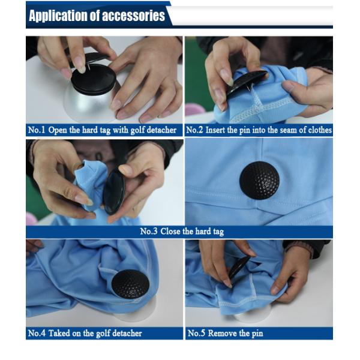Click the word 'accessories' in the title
tap(133, 16)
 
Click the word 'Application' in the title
tap(58, 16)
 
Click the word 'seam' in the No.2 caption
tap(287, 130)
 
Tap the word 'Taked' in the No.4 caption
tap(59, 333)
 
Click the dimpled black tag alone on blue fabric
tap(259, 180)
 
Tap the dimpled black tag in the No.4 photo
tap(130, 284)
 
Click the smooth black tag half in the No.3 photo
tap(113, 191)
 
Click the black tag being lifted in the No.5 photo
tap(239, 266)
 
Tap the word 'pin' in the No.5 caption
tap(258, 334)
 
